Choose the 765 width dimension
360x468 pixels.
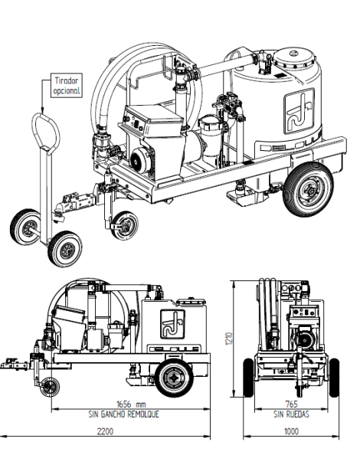coord(290,404)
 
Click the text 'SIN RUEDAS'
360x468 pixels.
coord(290,414)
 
